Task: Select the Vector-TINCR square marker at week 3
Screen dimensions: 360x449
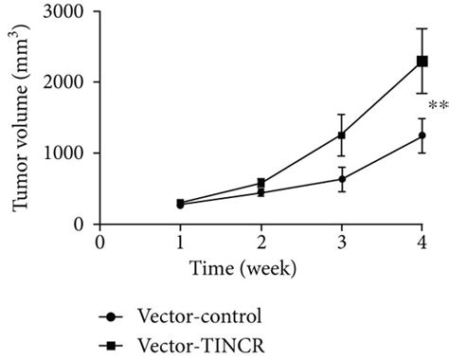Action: [342, 135]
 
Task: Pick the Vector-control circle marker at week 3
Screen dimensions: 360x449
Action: [342, 178]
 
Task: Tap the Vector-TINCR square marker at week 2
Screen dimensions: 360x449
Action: [260, 183]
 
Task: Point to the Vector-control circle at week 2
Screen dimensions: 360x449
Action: [260, 192]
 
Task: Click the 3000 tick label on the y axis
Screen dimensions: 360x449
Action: [68, 11]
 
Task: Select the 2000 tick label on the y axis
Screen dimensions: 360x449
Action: [68, 82]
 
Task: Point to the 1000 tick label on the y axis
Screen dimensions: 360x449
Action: [68, 153]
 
